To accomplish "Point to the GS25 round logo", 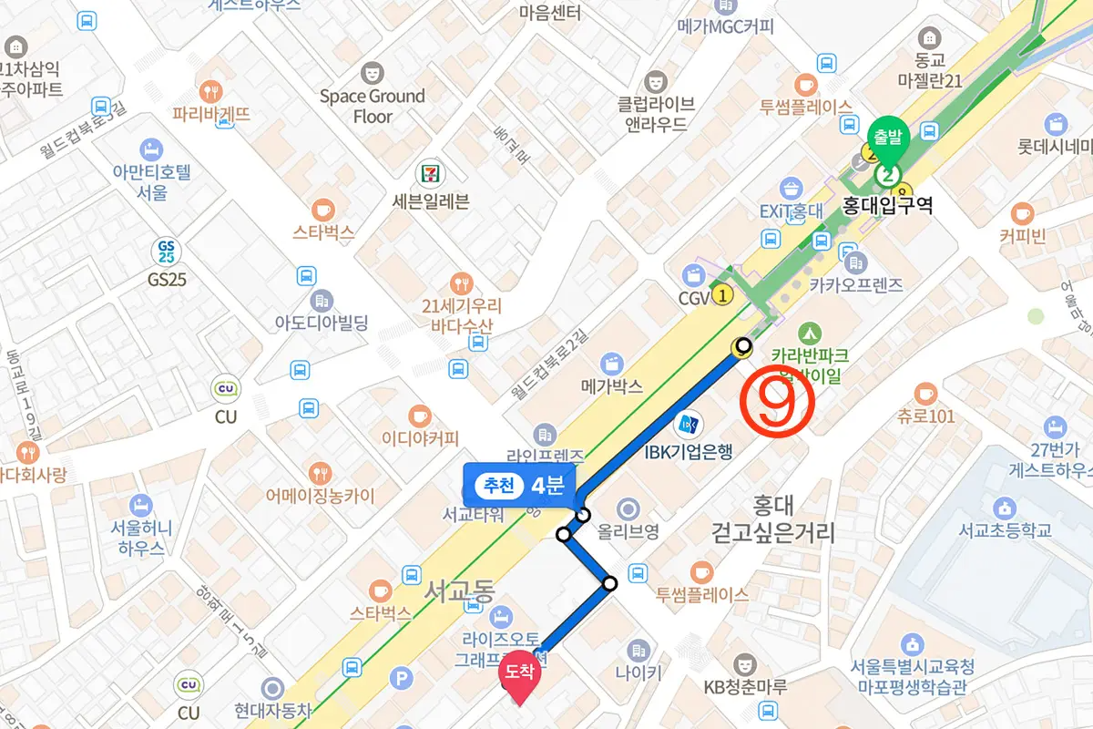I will pos(167,251).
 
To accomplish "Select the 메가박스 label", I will pos(611,386).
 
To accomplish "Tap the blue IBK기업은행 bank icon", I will pos(688,424).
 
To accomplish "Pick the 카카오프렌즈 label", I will pos(855,285).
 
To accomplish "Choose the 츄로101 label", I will pos(925,416).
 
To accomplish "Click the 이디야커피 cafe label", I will pos(420,438).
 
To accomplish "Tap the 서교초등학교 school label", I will pos(1005,530).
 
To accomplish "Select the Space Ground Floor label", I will pos(373,106).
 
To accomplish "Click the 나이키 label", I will pos(638,674).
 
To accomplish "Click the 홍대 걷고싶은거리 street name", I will pos(774,519).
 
